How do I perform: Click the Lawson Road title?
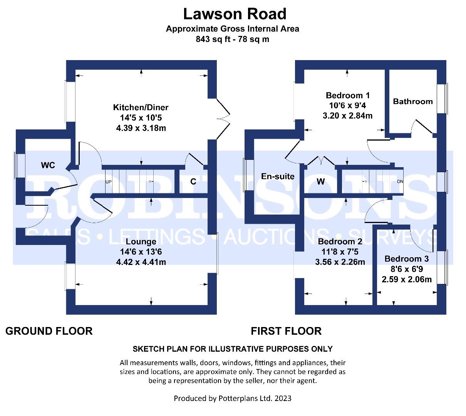tap(235, 14)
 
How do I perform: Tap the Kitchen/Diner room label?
tap(141, 107)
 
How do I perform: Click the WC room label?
tap(48, 165)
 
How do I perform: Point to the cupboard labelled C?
tap(193, 181)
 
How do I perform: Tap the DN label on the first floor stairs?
tap(400, 181)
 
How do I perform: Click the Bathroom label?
tap(412, 101)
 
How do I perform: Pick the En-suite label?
tap(278, 176)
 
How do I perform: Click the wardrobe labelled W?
tap(320, 181)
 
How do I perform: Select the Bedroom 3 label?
tap(406, 259)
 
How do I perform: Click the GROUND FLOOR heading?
tap(49, 331)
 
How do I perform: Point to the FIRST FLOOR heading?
tap(286, 331)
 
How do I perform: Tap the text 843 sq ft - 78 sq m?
tap(232, 39)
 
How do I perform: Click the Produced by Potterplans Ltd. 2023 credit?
tap(233, 398)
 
